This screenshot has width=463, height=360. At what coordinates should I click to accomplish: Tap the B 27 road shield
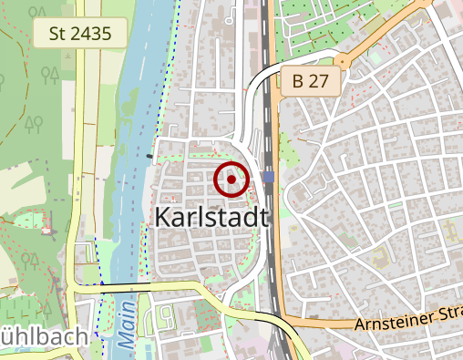(x=310, y=81)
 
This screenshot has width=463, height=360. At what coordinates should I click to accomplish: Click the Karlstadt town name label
(x=211, y=218)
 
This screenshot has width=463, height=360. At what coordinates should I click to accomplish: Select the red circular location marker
(x=231, y=180)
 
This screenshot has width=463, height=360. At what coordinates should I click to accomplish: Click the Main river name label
(x=125, y=332)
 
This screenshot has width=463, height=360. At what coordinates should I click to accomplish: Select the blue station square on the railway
(x=268, y=176)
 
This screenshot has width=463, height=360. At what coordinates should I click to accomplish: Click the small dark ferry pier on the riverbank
(x=149, y=156)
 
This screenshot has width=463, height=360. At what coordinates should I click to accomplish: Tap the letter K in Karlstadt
(x=164, y=218)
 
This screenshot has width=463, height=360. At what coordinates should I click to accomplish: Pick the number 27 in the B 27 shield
(x=319, y=81)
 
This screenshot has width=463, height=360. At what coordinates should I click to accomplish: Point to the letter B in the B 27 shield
(x=298, y=81)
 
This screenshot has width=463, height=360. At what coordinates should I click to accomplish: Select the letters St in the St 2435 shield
(x=57, y=35)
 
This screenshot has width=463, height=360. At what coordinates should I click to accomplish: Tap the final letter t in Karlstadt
(x=264, y=218)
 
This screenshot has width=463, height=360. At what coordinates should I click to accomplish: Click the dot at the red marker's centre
(x=231, y=180)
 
